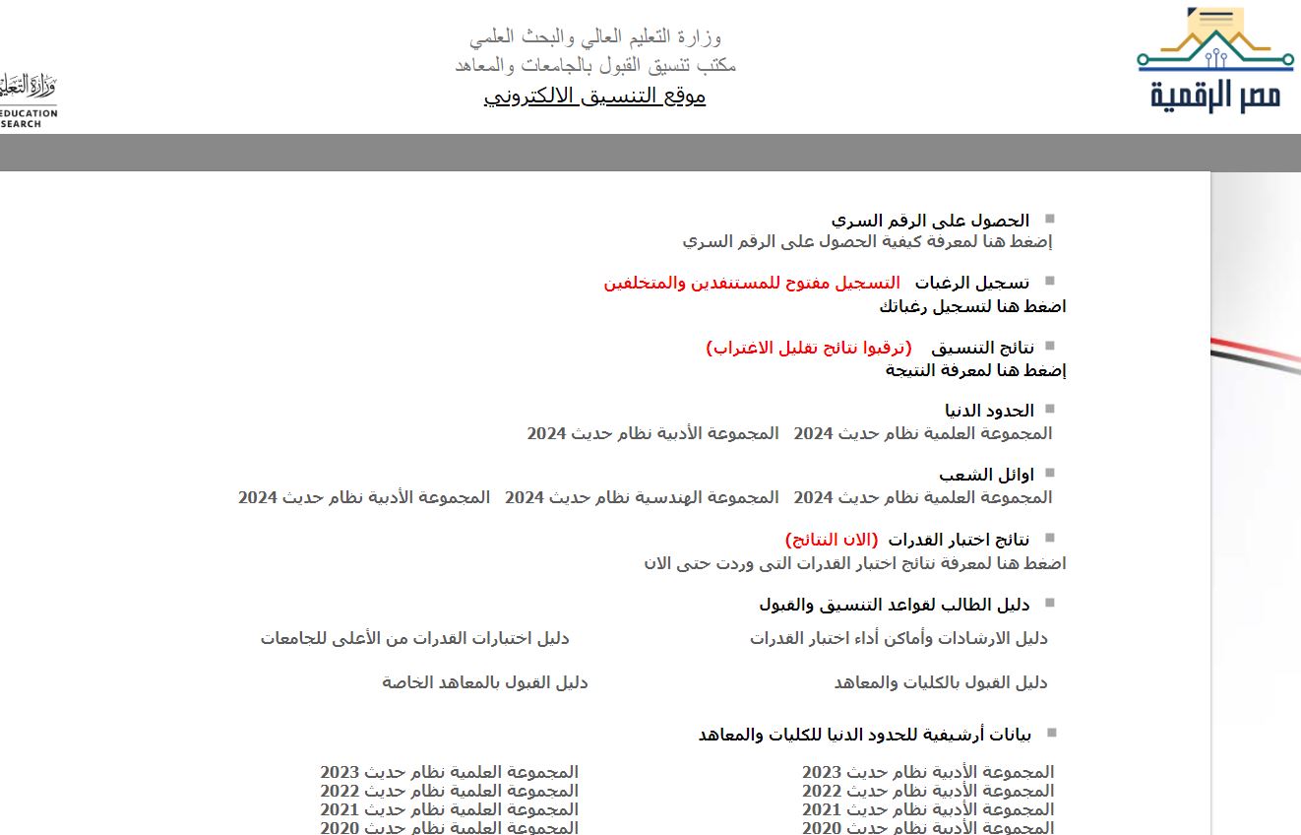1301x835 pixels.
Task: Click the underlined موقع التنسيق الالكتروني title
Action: [x=594, y=96]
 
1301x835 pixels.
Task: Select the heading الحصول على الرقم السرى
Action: [x=930, y=221]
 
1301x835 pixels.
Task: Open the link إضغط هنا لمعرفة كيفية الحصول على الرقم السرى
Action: [x=867, y=241]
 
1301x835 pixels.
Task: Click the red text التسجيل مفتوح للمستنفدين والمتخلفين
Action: [x=752, y=284]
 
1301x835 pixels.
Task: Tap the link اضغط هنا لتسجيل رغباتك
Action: [x=972, y=307]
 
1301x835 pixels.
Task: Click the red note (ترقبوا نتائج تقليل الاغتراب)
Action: [x=809, y=348]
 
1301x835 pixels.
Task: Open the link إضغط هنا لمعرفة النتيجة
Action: [x=975, y=370]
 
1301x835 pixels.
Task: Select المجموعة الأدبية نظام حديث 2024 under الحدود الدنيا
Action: [x=652, y=433]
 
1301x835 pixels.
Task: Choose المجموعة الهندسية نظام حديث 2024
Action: [x=642, y=497]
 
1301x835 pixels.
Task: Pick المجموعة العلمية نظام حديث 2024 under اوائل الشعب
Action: [x=923, y=497]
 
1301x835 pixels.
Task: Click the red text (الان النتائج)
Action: [x=832, y=540]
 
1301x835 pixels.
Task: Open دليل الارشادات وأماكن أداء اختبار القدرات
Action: [x=898, y=638]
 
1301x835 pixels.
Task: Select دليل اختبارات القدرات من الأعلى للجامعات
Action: [x=414, y=638]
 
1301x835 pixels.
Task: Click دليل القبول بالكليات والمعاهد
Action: [x=941, y=682]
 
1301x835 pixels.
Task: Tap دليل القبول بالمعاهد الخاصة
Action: [x=485, y=682]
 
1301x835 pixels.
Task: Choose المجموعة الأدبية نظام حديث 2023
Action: [x=928, y=772]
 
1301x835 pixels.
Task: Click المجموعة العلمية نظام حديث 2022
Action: [x=449, y=791]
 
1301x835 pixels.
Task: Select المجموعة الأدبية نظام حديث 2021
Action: [x=928, y=809]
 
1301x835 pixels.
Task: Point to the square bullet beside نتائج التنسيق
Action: [x=1049, y=346]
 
